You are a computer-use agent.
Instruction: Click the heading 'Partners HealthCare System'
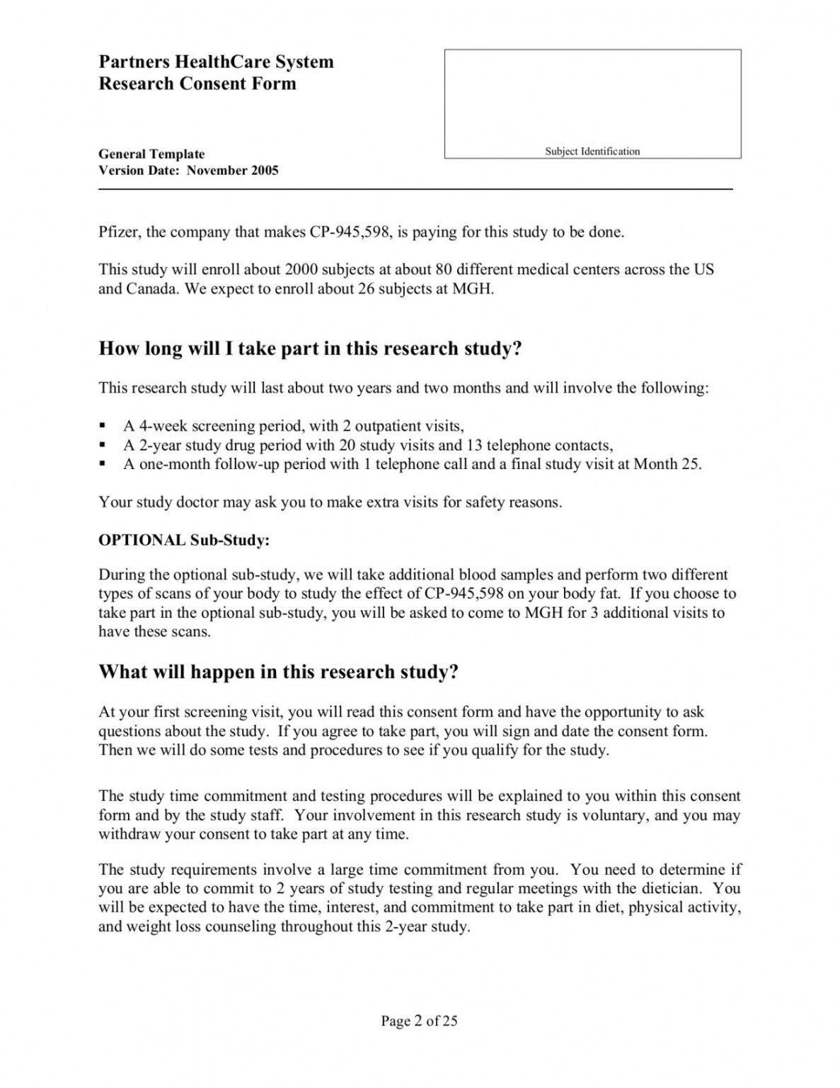(x=216, y=62)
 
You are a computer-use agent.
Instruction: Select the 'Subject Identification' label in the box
(x=592, y=151)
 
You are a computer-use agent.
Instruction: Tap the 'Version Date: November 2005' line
(x=188, y=170)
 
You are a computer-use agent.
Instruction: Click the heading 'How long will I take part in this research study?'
(x=310, y=348)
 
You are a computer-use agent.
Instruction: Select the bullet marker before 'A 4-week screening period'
(x=103, y=426)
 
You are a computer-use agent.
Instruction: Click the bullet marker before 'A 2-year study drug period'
(x=103, y=446)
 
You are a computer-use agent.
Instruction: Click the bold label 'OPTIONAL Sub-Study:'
(x=184, y=540)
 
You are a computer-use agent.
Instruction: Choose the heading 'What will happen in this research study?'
(x=279, y=671)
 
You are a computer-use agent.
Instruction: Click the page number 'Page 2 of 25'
(x=420, y=1021)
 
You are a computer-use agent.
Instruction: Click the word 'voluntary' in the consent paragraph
(x=614, y=815)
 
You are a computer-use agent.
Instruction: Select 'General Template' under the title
(x=151, y=154)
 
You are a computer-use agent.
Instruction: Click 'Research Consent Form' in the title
(x=197, y=84)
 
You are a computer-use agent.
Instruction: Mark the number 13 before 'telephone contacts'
(x=473, y=446)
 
